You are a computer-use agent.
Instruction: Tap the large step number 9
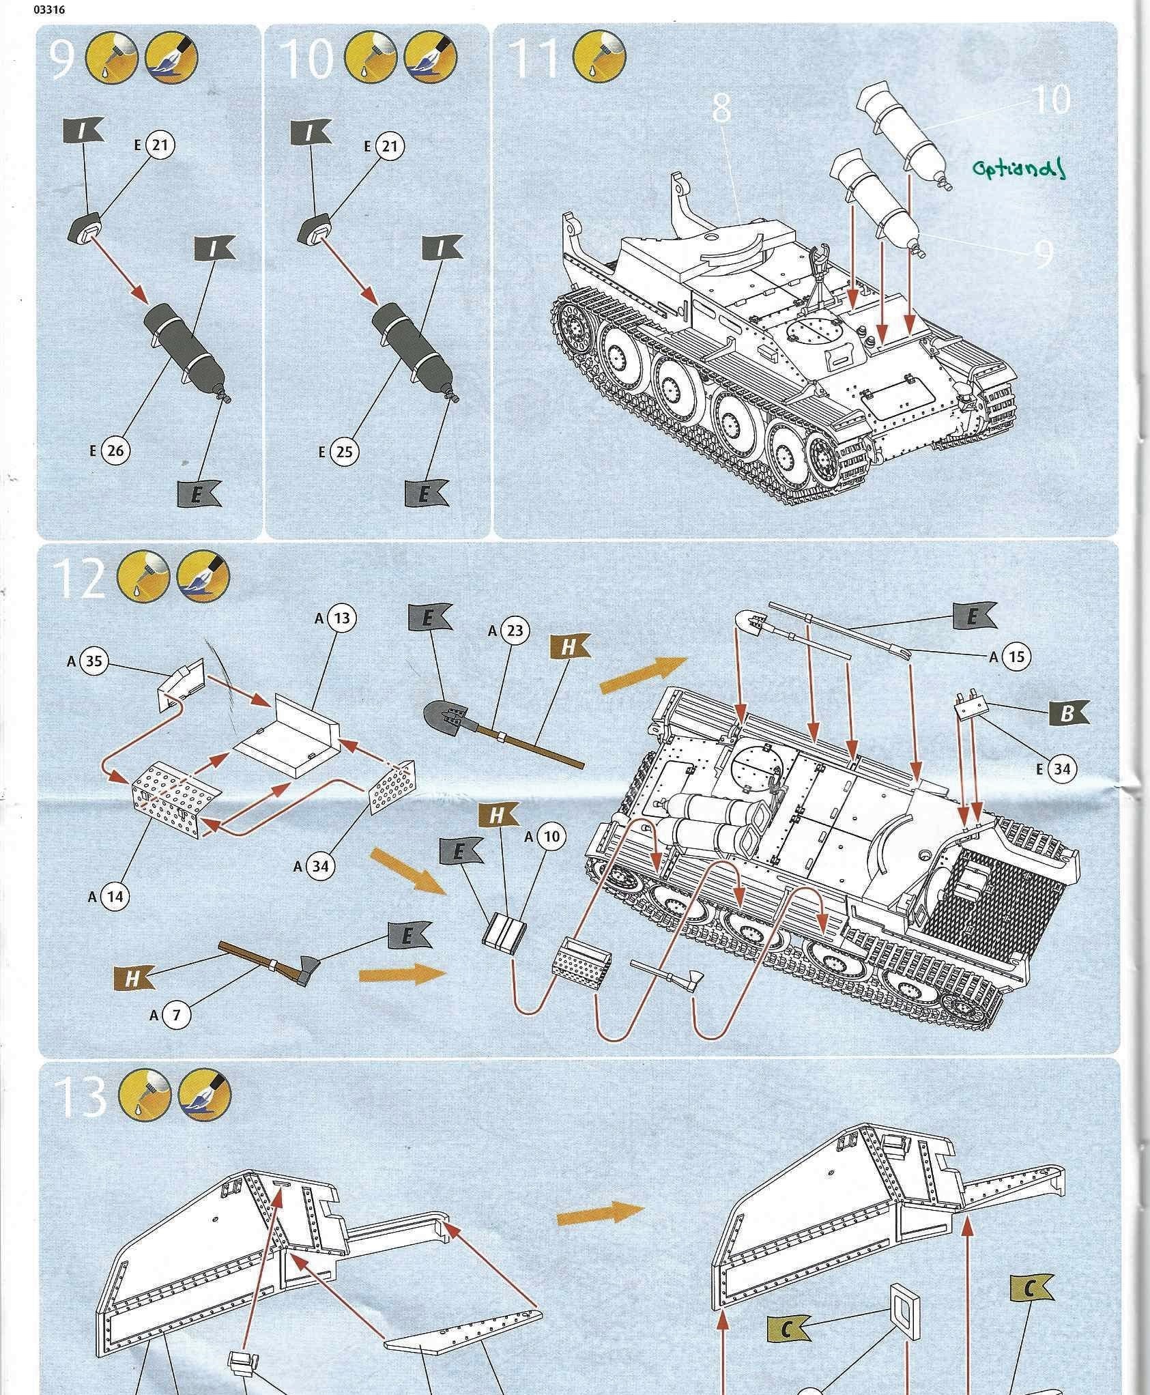coord(62,60)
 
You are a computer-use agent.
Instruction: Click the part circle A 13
coord(342,618)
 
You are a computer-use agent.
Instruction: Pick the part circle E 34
coord(1062,769)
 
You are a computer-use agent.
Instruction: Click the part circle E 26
coord(115,450)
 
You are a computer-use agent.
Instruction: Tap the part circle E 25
coord(345,452)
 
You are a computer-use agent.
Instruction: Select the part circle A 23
coord(515,631)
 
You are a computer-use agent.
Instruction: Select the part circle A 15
coord(1016,657)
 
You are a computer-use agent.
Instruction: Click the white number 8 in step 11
coord(722,109)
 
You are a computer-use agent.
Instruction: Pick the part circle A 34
coord(320,866)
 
